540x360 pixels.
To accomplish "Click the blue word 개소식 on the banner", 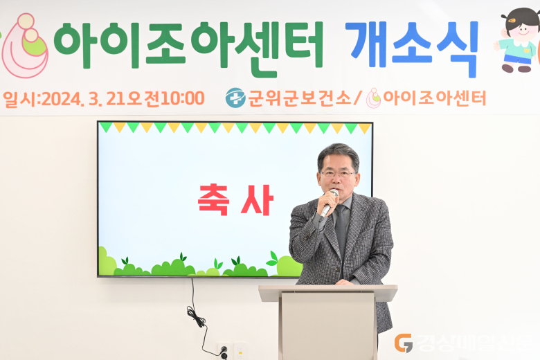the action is coord(412,49).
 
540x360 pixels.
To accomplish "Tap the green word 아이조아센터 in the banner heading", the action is coord(188,49).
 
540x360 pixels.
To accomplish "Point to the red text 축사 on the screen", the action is coord(235,200).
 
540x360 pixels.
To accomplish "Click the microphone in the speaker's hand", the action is coord(329,203).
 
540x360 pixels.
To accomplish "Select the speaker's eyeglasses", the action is coord(337,174).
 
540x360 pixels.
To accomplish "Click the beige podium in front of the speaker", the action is coord(328,322).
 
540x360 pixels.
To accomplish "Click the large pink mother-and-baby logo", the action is coord(25,46).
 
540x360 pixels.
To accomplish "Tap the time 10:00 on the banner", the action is coord(183,98).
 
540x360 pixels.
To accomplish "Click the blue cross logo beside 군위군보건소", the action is coord(235,98).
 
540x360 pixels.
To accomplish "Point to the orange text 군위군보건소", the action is coord(299,98).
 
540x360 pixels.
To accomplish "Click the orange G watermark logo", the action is coord(404,343).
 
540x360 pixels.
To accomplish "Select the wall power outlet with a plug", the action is coord(224,351).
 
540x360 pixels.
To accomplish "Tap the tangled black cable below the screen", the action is coord(197,318).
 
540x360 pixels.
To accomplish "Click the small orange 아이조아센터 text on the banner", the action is coord(434,98).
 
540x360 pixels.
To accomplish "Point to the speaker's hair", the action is coord(338,156).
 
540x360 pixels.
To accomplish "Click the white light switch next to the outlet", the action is coord(240,351).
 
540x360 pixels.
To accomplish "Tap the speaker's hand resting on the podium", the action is coord(344,282).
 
